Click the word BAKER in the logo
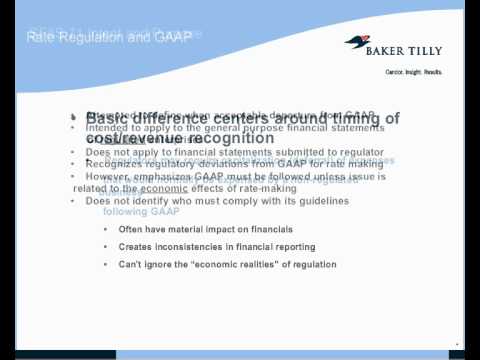point(397,43)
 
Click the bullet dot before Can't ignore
point(107,264)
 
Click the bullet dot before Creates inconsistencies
point(107,247)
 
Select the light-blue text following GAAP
point(141,211)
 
